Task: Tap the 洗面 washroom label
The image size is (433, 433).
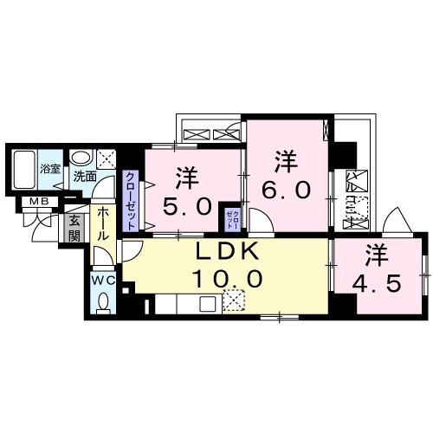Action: (x=84, y=176)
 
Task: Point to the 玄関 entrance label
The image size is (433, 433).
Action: (x=74, y=229)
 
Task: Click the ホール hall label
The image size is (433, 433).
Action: (x=102, y=227)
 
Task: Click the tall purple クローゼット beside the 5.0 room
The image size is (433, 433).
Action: (x=130, y=200)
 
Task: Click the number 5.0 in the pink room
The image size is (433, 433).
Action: (x=188, y=207)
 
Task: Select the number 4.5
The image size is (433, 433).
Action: (x=375, y=283)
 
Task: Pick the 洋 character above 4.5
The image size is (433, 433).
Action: (x=375, y=255)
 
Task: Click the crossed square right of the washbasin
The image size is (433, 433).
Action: (x=107, y=158)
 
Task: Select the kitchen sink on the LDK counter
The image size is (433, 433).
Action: (x=209, y=304)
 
